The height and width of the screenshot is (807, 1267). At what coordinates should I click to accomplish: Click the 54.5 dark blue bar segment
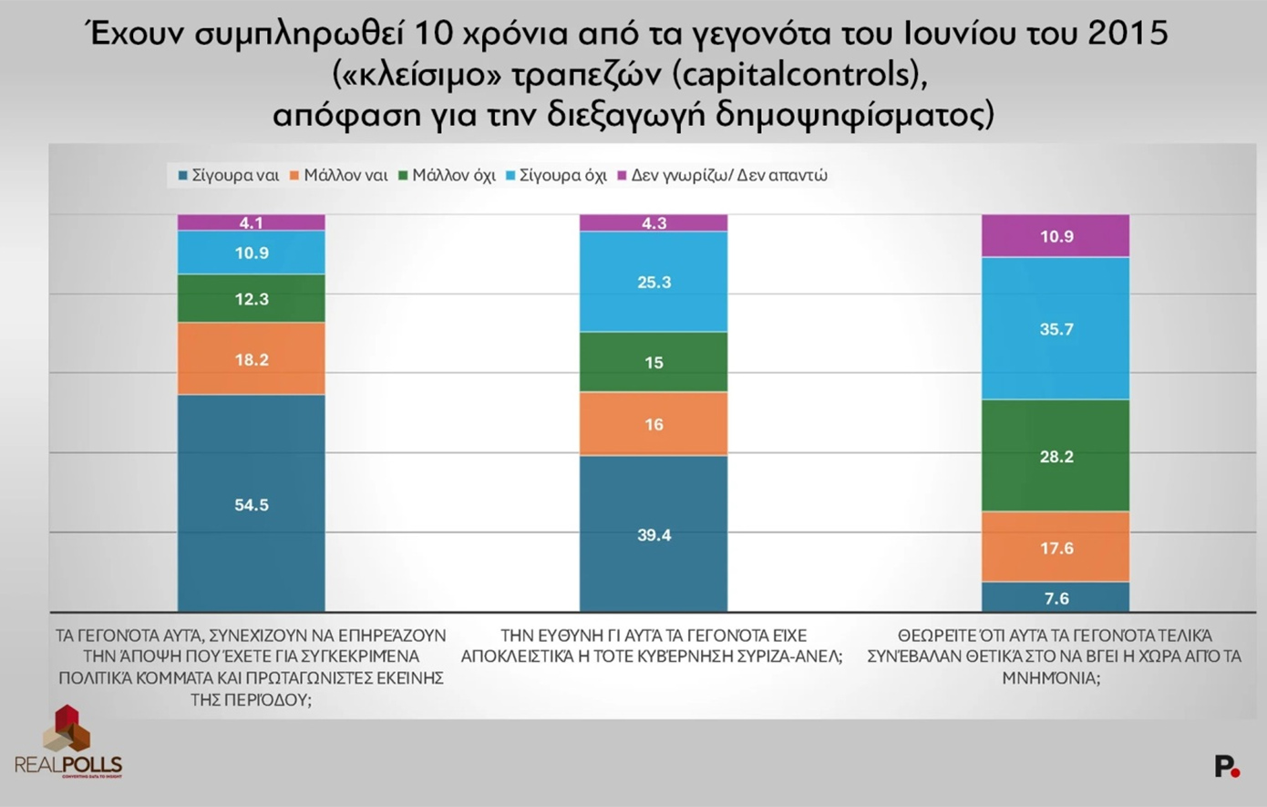point(251,503)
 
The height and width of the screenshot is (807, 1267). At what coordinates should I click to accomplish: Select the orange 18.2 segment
point(251,358)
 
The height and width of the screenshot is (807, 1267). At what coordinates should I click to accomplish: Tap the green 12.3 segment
point(251,298)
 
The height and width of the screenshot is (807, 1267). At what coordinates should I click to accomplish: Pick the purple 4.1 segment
point(251,222)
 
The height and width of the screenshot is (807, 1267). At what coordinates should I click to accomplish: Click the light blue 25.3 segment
point(654,282)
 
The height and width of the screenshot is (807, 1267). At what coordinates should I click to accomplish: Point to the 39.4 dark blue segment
point(654,533)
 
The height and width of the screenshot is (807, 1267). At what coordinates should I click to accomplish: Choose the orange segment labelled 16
point(654,424)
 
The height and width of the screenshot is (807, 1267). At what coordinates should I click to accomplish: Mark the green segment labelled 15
point(654,362)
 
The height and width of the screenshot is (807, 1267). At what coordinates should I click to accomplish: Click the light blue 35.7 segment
point(1056,328)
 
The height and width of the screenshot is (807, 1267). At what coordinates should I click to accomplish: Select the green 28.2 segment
point(1056,456)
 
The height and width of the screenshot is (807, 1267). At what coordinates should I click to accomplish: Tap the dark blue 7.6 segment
point(1056,597)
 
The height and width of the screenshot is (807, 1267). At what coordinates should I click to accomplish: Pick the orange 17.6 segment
point(1056,547)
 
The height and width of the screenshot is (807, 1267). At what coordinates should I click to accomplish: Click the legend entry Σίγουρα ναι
point(229,175)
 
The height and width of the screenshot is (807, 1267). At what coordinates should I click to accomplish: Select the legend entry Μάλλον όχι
point(448,175)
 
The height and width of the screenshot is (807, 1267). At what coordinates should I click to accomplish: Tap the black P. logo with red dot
point(1227,767)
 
